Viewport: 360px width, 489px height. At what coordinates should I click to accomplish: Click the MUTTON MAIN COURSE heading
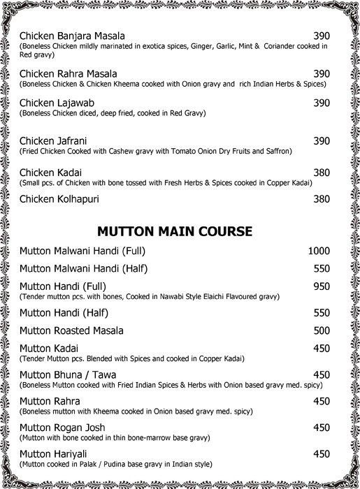pos(175,231)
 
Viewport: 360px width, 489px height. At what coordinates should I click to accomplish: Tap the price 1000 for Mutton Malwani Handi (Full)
pos(319,251)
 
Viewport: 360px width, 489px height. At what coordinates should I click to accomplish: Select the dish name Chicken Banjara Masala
pos(73,36)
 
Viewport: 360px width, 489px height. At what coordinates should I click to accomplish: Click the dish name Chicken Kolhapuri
pos(59,199)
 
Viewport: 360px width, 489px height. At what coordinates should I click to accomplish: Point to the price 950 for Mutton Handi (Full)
pos(321,286)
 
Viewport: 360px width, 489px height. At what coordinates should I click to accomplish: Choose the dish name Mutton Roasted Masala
pos(72,330)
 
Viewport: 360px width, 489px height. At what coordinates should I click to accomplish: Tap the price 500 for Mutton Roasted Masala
pos(321,330)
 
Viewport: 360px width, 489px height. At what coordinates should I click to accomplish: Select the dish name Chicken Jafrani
pos(53,140)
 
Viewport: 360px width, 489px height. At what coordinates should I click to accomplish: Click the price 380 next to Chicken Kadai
pos(321,172)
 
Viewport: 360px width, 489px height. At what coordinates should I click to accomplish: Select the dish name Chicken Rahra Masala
pos(68,73)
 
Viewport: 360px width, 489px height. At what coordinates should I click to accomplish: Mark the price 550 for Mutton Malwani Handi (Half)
pos(321,269)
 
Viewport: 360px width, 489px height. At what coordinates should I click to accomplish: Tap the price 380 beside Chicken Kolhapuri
pos(321,199)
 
